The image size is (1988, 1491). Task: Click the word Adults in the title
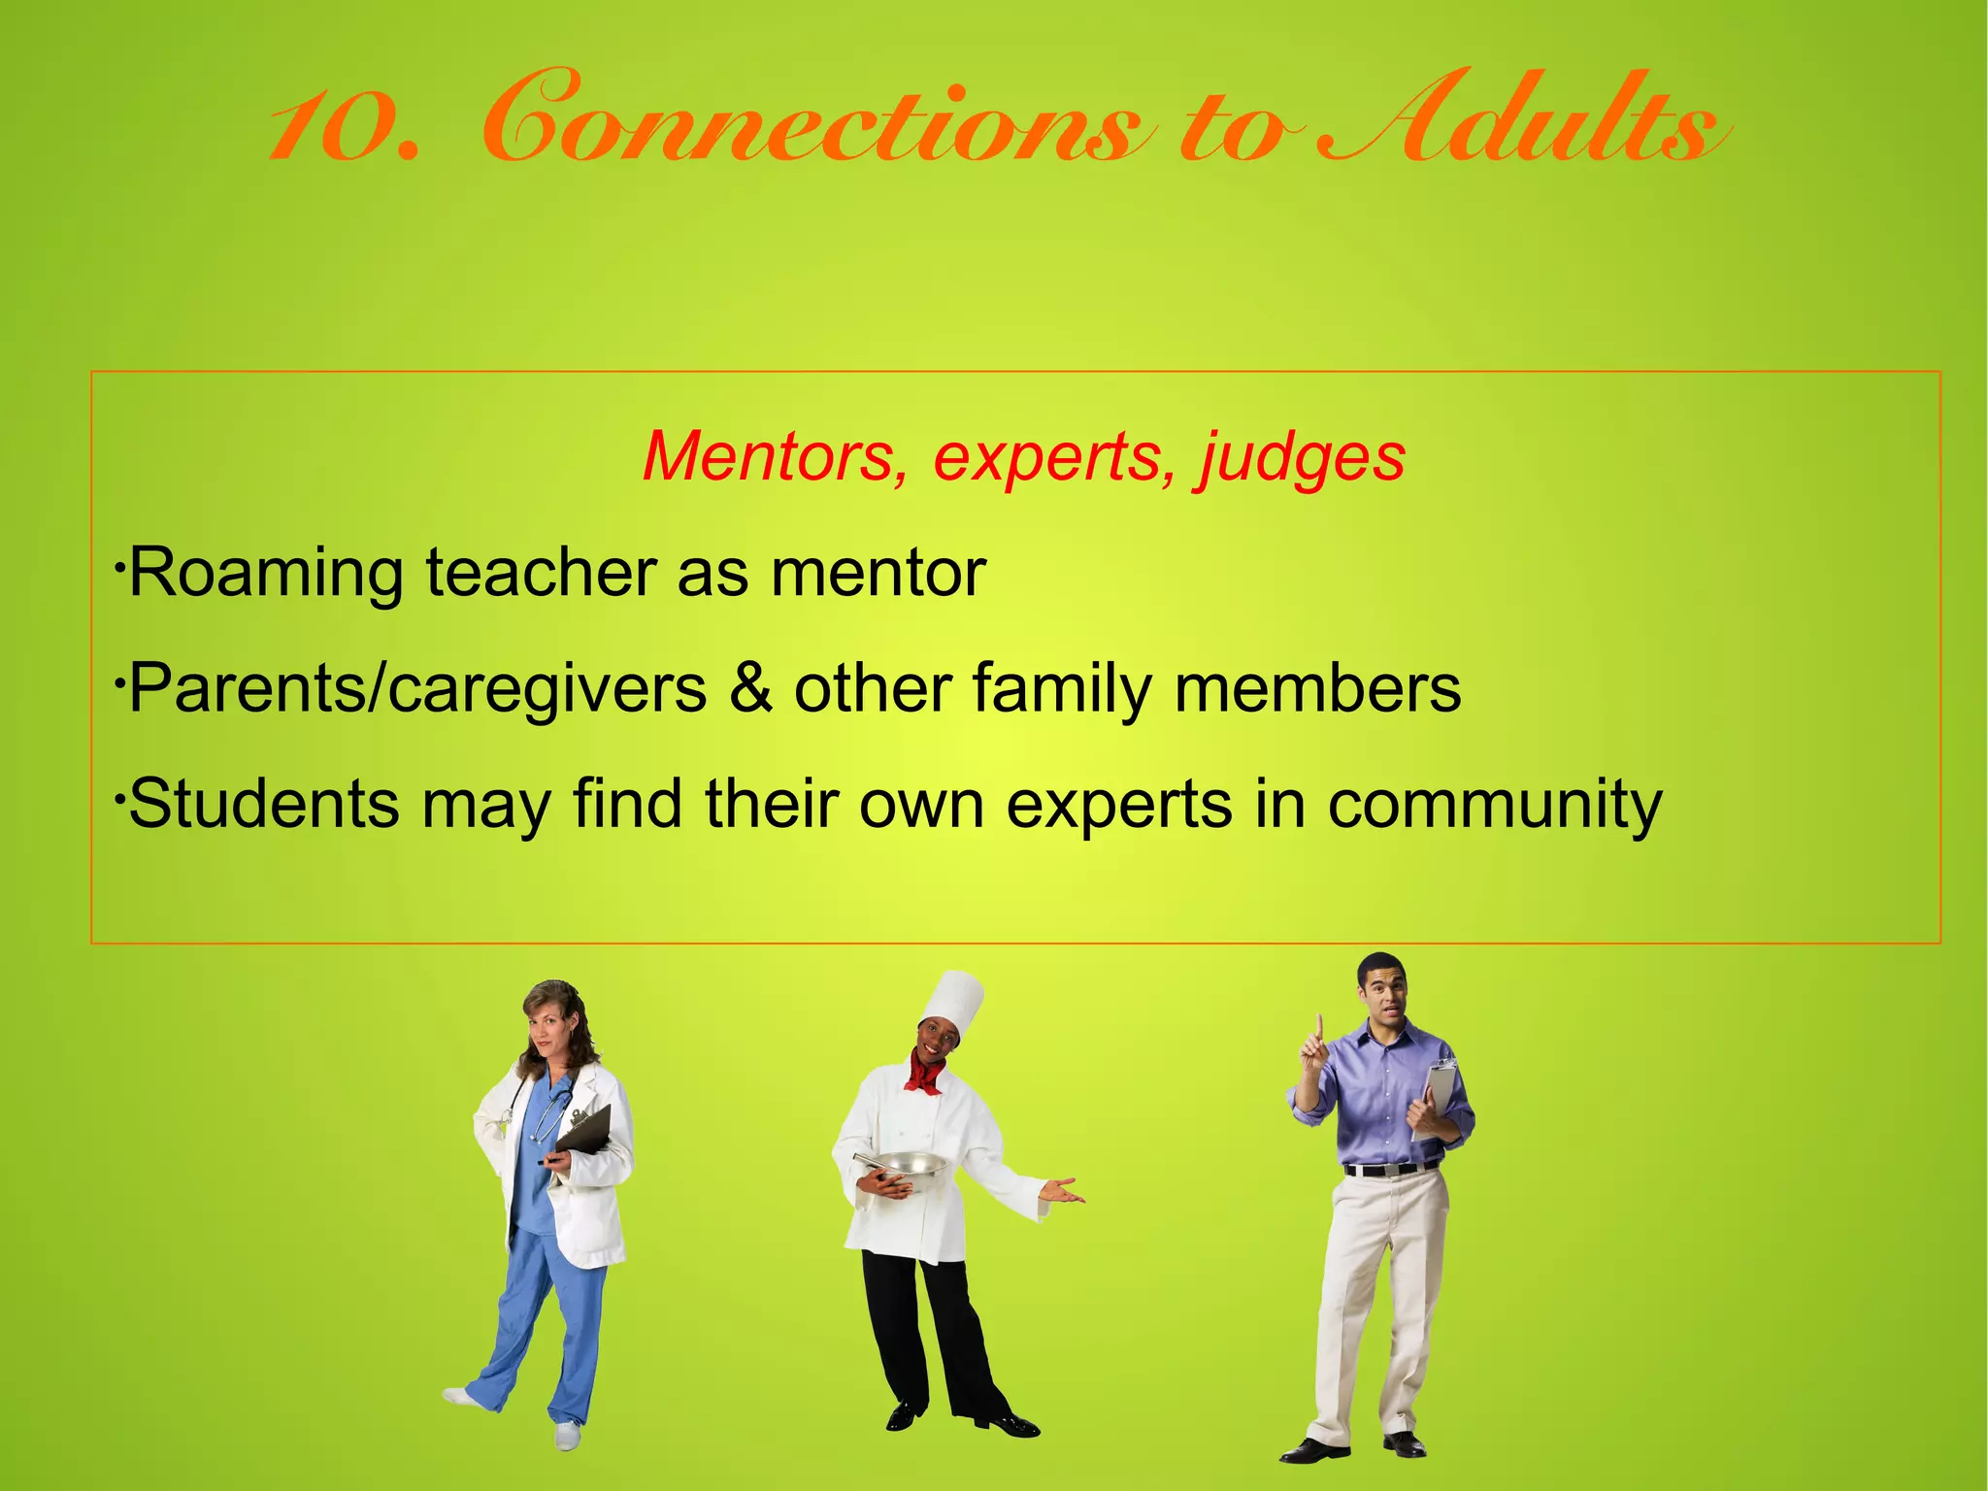pyautogui.click(x=1524, y=121)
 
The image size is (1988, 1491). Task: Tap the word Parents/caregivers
pyautogui.click(x=417, y=689)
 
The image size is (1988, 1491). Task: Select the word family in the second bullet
pyautogui.click(x=1061, y=689)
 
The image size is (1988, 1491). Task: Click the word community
pyautogui.click(x=1495, y=806)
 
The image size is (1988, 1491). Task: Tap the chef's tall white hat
pyautogui.click(x=952, y=1000)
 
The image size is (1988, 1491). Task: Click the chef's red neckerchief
pyautogui.click(x=925, y=1074)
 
